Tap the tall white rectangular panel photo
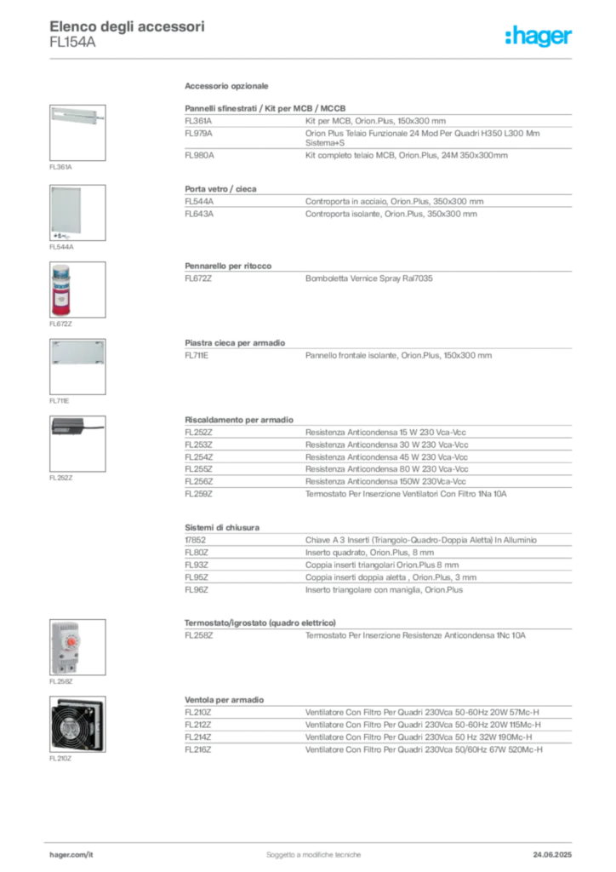pos(66,212)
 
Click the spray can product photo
pos(60,289)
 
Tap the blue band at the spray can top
pos(60,271)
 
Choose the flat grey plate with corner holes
pos(77,353)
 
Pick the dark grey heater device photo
pos(75,427)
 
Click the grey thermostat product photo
pos(66,647)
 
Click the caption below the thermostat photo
pos(60,682)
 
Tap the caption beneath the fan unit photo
pos(60,757)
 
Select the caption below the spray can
pos(60,324)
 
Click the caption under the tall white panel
pos(60,247)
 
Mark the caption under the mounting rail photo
pos(60,166)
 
